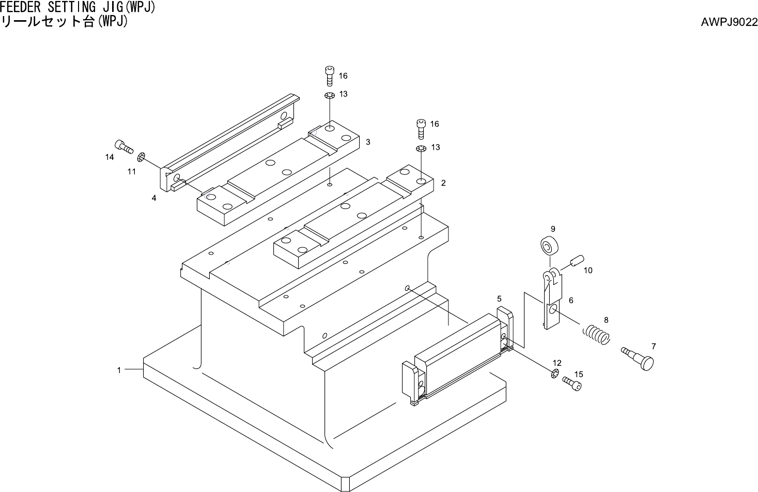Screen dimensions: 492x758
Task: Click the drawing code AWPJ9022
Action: pos(729,22)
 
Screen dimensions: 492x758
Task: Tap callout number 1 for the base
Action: pos(119,370)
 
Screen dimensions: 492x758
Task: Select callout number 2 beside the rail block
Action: pos(443,183)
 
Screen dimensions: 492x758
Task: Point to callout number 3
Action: pos(367,141)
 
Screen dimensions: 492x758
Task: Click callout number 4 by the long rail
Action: pos(154,198)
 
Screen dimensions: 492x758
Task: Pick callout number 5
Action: pos(499,299)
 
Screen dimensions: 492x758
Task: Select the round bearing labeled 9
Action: pos(549,246)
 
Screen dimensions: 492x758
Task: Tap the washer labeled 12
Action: pos(555,374)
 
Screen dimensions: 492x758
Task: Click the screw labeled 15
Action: pos(571,384)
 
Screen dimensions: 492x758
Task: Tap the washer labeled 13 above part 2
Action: pos(421,150)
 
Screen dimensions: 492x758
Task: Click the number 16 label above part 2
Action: pos(435,124)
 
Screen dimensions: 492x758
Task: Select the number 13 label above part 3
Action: pos(343,94)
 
